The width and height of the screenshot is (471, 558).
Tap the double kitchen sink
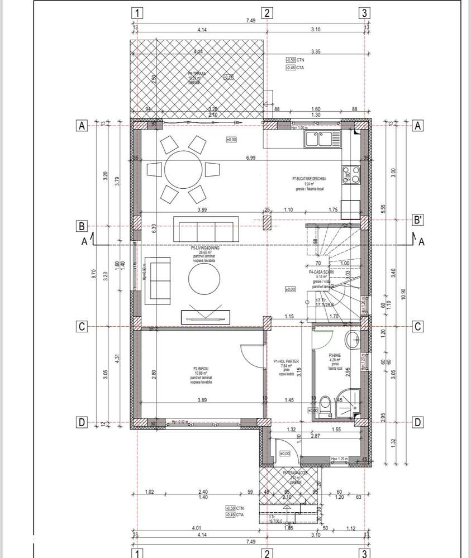(322, 139)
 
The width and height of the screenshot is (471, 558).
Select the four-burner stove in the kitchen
(350, 175)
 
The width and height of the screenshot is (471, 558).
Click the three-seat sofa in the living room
(203, 228)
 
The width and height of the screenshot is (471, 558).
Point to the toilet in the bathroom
(326, 404)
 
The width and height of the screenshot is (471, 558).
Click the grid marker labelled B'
(417, 220)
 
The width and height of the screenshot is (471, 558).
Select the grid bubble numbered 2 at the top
(268, 12)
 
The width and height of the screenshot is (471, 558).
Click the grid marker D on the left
(82, 423)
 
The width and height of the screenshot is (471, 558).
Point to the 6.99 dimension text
(250, 159)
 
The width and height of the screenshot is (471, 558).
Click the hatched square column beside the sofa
(268, 222)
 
